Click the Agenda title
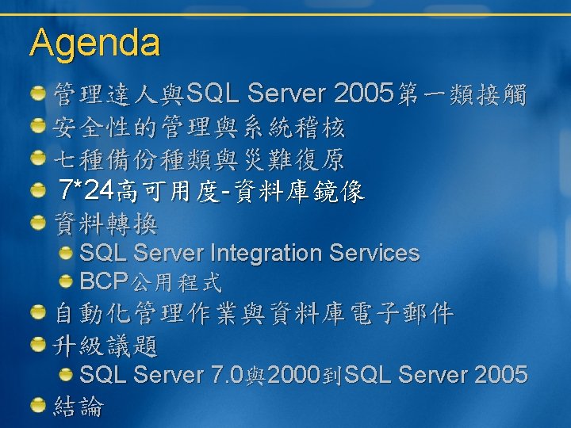[94, 44]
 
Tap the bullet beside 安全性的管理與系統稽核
[38, 125]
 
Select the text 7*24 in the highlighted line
[86, 189]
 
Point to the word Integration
[266, 253]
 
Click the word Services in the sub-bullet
[374, 253]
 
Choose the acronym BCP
[104, 281]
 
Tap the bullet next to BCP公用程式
[66, 281]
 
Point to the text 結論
[79, 406]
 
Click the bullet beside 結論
[38, 405]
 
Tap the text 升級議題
[105, 346]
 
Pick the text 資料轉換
[105, 224]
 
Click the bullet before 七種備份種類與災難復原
[38, 158]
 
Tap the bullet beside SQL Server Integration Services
[66, 253]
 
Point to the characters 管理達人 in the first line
[105, 94]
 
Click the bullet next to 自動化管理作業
[38, 312]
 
